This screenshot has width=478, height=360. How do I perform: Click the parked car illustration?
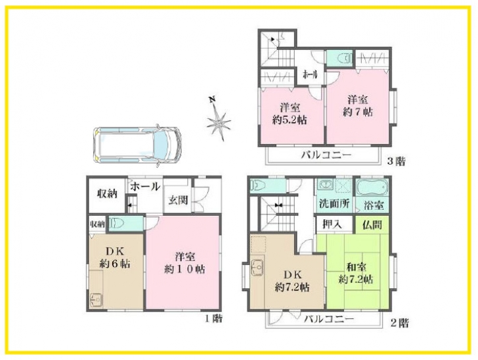[x=137, y=145]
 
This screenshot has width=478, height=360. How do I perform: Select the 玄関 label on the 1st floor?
[x=179, y=200]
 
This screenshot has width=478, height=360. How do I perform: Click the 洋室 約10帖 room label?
[x=185, y=263]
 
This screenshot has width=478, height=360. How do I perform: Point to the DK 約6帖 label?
[x=115, y=257]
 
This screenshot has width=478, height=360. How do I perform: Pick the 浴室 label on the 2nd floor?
[x=374, y=205]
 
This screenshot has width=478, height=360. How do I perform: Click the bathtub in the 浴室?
[x=372, y=187]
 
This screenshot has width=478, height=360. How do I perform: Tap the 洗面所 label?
[x=334, y=203]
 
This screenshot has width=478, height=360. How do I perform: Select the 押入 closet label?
[x=332, y=225]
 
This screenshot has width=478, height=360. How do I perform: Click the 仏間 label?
[x=372, y=225]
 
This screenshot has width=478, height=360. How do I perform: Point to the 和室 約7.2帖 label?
[x=356, y=274]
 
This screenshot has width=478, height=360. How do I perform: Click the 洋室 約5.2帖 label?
[x=289, y=114]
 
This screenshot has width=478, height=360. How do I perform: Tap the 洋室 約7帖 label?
[x=358, y=106]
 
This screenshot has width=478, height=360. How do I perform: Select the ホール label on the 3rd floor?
[x=310, y=74]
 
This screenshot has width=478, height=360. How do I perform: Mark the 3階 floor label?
[x=396, y=161]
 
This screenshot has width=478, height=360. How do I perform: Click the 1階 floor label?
[x=213, y=319]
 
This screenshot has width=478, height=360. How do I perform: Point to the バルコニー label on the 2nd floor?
[x=329, y=319]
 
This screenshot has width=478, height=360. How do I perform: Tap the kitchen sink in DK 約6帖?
[x=97, y=300]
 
